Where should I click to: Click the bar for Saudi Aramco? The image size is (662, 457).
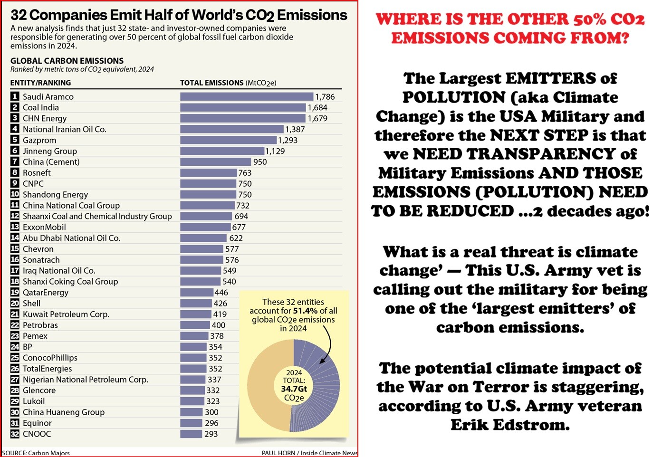(x=247, y=96)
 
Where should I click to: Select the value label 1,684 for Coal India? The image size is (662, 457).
(x=317, y=107)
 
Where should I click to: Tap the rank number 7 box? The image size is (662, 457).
(x=15, y=162)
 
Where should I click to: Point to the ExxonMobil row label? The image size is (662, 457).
(x=44, y=227)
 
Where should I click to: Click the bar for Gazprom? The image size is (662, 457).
(x=228, y=140)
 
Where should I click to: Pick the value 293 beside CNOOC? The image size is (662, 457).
(x=211, y=434)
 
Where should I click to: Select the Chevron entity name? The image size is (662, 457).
(x=38, y=249)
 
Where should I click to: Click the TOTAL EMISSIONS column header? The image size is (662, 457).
(x=211, y=83)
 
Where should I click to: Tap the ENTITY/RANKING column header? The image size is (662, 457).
(x=40, y=83)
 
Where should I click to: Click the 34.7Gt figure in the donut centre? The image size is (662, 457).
(x=294, y=389)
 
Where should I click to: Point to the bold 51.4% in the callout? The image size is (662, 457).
(x=305, y=311)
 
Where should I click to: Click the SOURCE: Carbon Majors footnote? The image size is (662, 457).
(x=36, y=453)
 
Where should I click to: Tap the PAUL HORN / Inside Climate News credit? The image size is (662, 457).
(x=309, y=453)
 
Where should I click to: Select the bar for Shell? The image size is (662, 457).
(x=196, y=303)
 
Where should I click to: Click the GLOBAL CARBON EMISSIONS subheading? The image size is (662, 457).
(x=67, y=61)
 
